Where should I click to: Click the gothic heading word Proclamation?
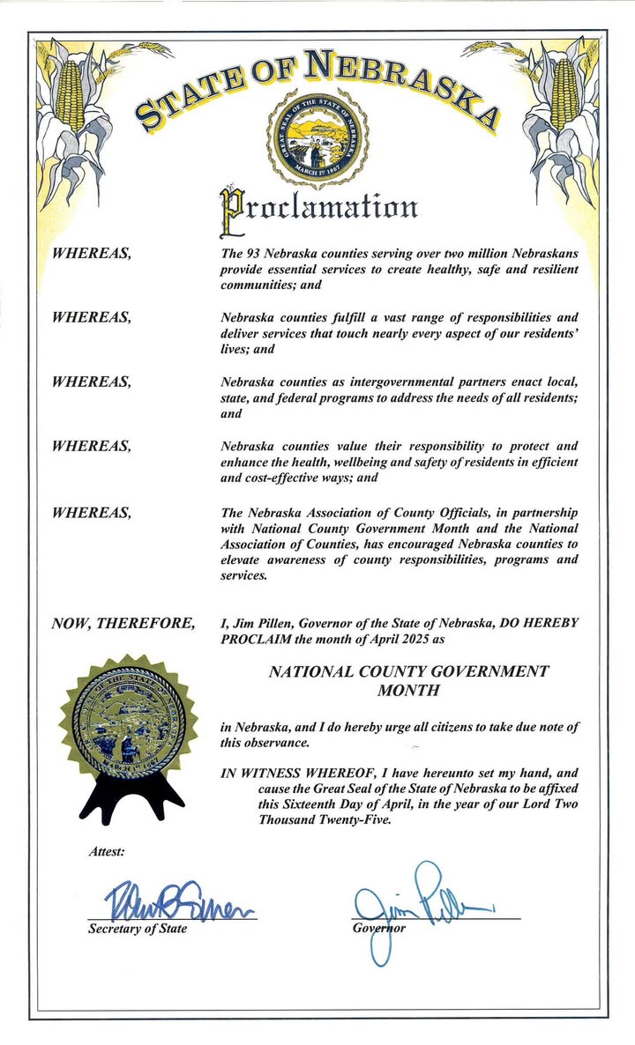[317, 206]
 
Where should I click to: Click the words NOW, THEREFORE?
[123, 624]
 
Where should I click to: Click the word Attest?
[107, 851]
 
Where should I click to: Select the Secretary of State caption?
[137, 930]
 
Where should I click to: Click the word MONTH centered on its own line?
[407, 690]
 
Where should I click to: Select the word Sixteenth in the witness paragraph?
[319, 801]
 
